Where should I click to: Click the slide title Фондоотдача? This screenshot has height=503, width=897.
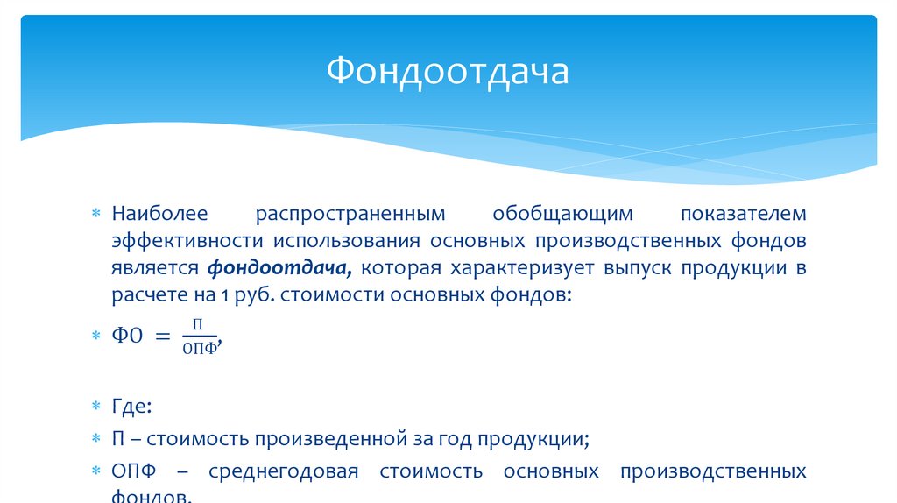click(448, 71)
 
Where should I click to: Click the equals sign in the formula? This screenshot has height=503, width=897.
click(164, 336)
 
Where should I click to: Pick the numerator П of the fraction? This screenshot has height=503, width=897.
click(198, 324)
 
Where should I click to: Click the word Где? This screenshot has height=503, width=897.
click(131, 407)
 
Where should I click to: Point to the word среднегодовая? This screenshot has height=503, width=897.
click(284, 471)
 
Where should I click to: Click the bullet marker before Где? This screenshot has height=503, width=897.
click(98, 408)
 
